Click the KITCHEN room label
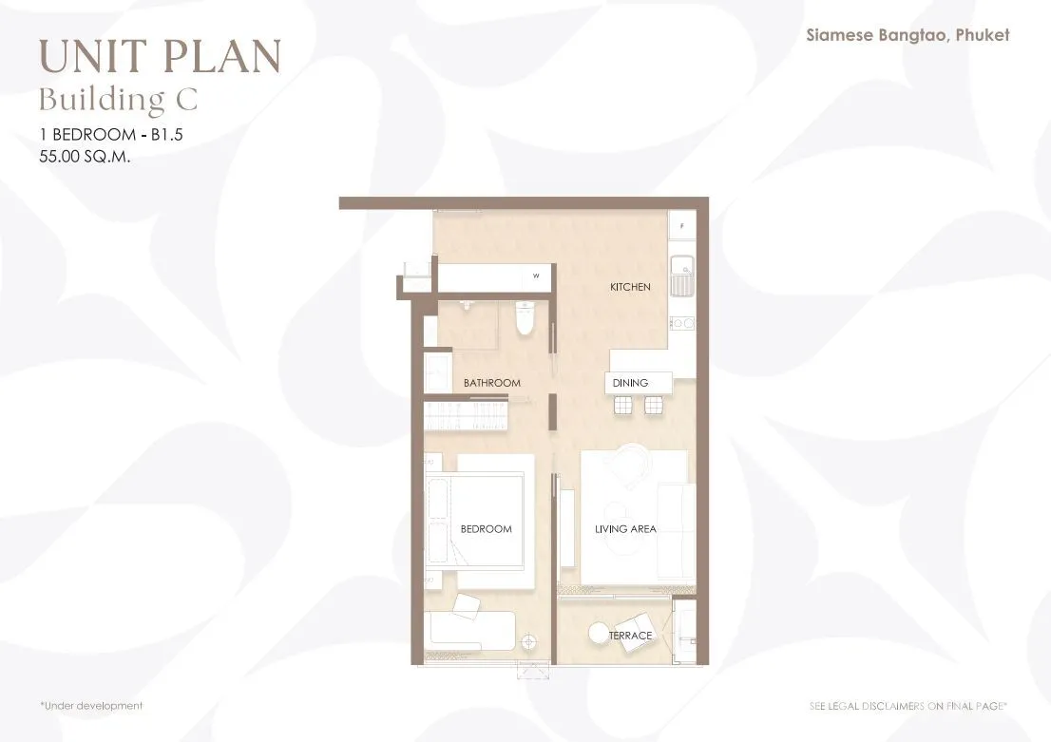click(630, 287)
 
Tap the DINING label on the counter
click(630, 383)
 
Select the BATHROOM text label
click(492, 383)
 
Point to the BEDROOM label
click(486, 529)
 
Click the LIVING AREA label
click(625, 529)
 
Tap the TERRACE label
click(630, 636)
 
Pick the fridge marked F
click(681, 226)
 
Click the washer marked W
click(536, 276)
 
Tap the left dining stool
click(622, 405)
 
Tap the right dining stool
click(653, 405)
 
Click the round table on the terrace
click(598, 633)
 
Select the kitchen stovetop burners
click(682, 324)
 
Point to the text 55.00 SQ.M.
click(85, 156)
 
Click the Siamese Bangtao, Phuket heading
click(908, 35)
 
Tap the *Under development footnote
click(91, 706)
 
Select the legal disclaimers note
click(908, 706)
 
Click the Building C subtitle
click(118, 99)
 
